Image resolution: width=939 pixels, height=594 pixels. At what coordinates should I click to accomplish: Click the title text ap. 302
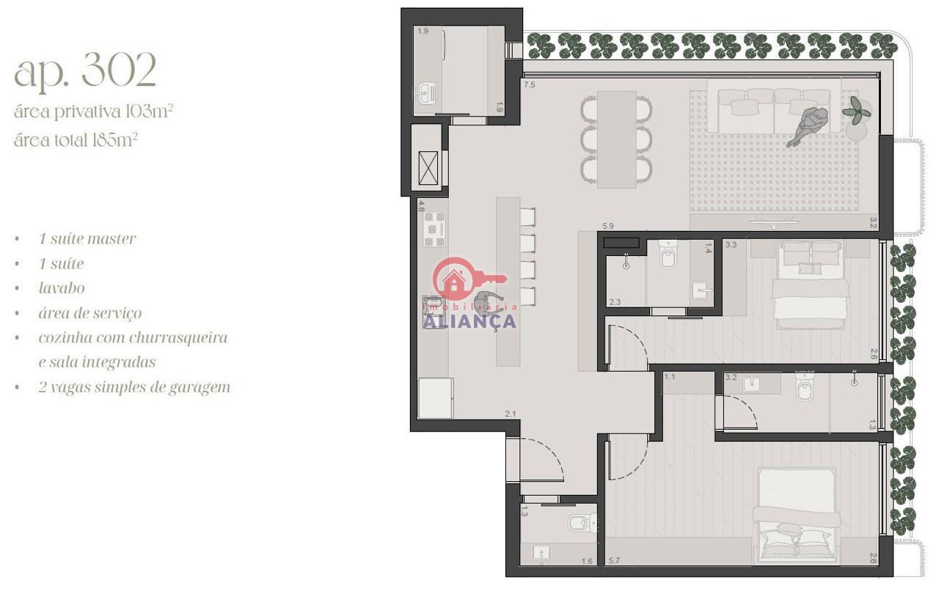85,70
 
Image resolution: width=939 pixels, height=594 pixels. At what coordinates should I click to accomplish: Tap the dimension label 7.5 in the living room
530,84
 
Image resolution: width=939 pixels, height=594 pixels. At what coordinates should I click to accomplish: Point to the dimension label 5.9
608,226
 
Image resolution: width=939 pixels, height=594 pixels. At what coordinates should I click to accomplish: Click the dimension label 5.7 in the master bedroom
615,560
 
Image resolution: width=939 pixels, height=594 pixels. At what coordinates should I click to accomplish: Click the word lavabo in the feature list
62,288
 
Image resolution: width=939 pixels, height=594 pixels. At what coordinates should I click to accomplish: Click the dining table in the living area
617,139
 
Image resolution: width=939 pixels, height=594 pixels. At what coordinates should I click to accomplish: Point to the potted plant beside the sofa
856,111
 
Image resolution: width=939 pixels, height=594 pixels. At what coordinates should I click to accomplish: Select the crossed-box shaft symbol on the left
428,167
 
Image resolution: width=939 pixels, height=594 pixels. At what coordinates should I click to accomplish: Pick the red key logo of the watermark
465,279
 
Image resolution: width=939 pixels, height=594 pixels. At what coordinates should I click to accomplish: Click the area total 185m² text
76,140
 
